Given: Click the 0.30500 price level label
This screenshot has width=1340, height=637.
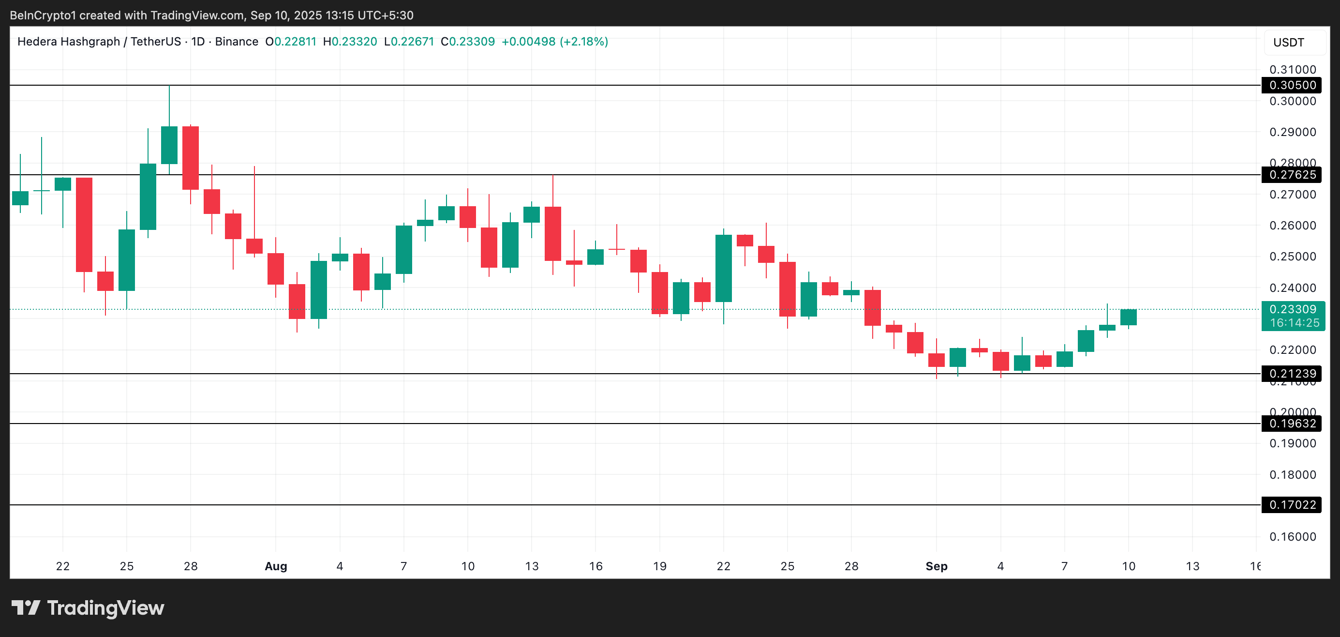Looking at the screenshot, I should [x=1292, y=85].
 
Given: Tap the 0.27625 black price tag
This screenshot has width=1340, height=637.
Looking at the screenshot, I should [x=1292, y=175].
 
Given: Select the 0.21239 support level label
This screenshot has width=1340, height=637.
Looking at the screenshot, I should [x=1292, y=374].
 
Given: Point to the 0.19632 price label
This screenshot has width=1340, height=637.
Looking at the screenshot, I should [x=1292, y=424].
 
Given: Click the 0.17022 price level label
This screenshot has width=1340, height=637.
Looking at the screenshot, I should [x=1292, y=505].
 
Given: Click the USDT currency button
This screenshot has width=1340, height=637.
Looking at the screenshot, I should [x=1289, y=42].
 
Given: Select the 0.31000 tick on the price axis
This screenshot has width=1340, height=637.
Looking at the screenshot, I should [x=1292, y=70].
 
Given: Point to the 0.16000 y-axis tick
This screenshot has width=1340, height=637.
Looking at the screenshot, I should [x=1292, y=536].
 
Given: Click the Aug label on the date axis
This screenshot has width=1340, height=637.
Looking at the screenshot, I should [x=276, y=566].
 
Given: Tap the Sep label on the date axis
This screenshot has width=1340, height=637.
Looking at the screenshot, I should [x=937, y=566].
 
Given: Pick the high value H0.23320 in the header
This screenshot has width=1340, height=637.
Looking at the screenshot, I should [x=350, y=42].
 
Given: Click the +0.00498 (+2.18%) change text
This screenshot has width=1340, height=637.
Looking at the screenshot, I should [x=554, y=42].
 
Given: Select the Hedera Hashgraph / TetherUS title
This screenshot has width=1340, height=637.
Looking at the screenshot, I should [x=99, y=42].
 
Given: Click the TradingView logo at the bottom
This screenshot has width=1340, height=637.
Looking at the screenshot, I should [x=88, y=608].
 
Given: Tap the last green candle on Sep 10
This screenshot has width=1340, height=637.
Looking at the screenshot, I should [x=1128, y=318].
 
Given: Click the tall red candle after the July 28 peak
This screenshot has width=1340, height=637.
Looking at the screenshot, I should [x=191, y=158].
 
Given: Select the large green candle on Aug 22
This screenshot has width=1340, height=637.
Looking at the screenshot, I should [x=723, y=268].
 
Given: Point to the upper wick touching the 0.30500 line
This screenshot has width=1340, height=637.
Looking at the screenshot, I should [x=169, y=104].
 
